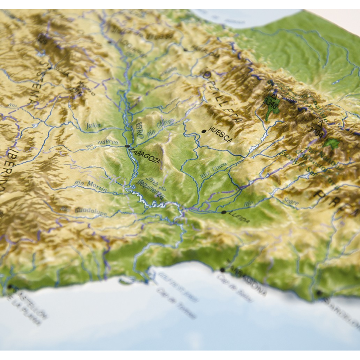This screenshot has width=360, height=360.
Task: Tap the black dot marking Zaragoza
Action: (127, 146)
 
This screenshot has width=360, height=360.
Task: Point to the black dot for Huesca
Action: (204, 131)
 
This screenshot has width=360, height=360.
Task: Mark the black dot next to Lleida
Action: (224, 212)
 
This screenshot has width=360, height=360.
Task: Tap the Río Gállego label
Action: (160, 127)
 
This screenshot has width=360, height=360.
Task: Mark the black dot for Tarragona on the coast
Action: (222, 270)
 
